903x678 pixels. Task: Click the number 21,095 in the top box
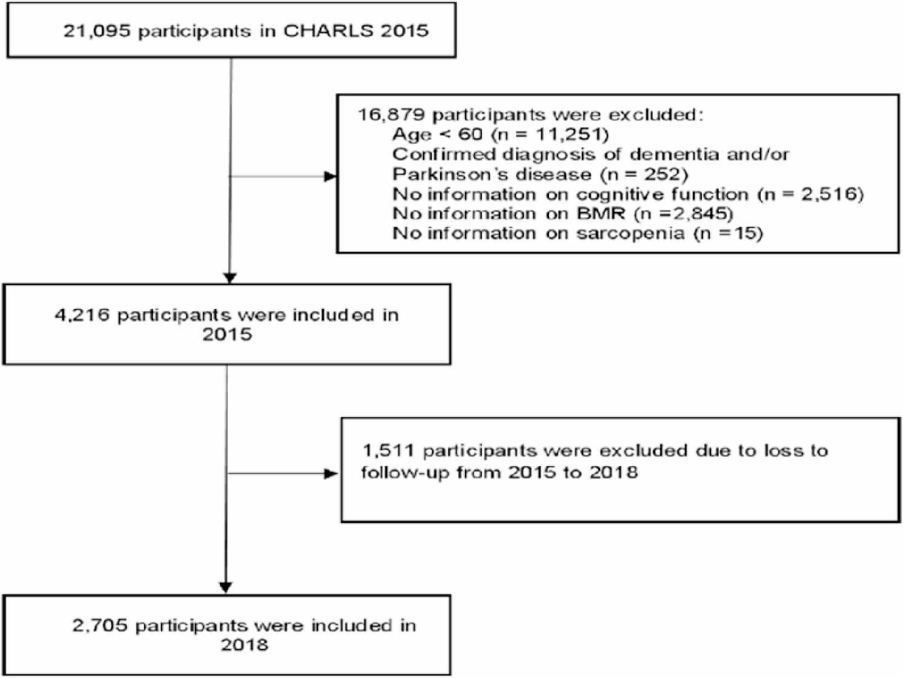[96, 32]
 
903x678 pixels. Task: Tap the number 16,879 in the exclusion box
[391, 115]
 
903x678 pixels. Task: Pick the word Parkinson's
[450, 175]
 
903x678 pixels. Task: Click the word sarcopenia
[630, 233]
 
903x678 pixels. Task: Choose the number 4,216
[82, 315]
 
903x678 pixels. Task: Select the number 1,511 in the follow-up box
[388, 451]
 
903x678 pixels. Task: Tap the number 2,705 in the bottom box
[99, 626]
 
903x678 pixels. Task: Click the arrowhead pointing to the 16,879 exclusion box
[331, 177]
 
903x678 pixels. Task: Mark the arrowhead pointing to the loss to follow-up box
[331, 474]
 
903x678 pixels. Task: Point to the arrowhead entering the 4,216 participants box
[230, 278]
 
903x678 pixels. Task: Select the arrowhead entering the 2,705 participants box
[226, 588]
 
